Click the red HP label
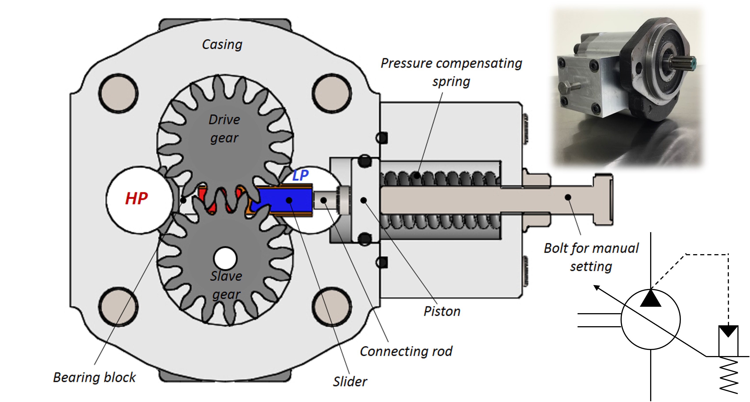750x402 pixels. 136,199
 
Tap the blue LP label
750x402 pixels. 300,175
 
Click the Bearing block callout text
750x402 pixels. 94,377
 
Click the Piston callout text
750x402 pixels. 442,311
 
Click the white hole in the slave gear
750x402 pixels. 225,258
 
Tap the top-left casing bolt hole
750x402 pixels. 118,93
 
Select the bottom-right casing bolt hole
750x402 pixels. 332,307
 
